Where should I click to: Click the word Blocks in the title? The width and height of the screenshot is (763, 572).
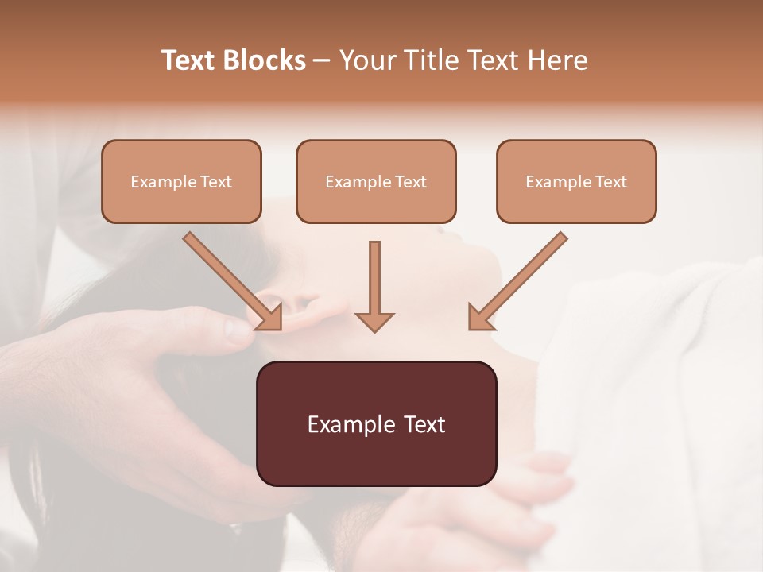point(266,60)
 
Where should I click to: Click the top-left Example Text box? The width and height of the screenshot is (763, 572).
point(181,181)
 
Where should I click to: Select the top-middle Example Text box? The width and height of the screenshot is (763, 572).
point(376,181)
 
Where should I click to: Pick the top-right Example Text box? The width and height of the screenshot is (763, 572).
point(576,181)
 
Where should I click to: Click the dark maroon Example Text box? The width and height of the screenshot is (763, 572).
point(376,423)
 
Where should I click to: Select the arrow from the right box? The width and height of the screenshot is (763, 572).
point(521,278)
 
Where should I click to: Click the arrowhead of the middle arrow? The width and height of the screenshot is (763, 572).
point(374,321)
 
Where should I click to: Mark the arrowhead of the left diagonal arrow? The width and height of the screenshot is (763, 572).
point(270,318)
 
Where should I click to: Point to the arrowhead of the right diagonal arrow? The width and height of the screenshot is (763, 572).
point(479,318)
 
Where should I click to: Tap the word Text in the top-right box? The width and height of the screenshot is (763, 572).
point(610,182)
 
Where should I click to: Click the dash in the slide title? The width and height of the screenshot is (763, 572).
point(322,60)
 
